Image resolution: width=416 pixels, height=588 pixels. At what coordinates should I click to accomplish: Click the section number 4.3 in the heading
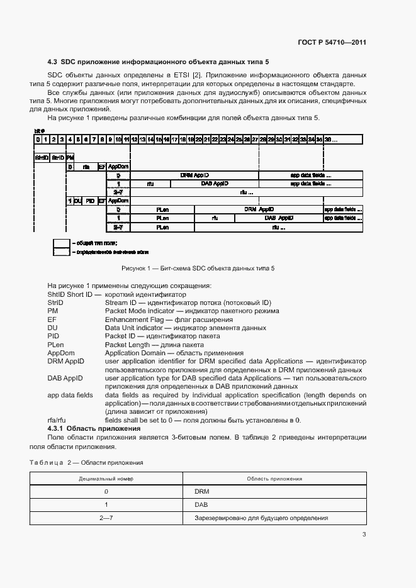(x=52, y=62)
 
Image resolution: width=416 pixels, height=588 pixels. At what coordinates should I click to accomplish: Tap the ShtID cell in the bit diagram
(x=42, y=157)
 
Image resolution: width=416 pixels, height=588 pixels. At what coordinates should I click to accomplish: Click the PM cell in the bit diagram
(x=70, y=157)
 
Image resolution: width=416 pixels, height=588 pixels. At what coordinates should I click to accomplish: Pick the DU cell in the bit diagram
(x=78, y=201)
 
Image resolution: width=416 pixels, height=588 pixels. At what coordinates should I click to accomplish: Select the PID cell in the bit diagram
(x=90, y=201)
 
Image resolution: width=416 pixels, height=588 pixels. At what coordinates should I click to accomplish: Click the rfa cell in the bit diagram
(x=86, y=167)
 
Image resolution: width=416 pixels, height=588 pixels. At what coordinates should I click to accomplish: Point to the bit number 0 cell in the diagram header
(x=38, y=139)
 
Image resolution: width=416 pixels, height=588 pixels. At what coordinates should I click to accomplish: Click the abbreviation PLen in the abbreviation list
(x=55, y=344)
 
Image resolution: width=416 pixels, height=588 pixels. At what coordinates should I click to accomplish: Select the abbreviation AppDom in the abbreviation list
(x=60, y=353)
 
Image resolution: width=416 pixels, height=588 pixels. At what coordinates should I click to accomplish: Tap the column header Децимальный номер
(x=106, y=479)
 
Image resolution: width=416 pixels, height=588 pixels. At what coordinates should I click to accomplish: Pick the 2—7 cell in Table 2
(x=106, y=518)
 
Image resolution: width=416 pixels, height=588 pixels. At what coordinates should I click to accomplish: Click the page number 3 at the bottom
(x=364, y=535)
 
